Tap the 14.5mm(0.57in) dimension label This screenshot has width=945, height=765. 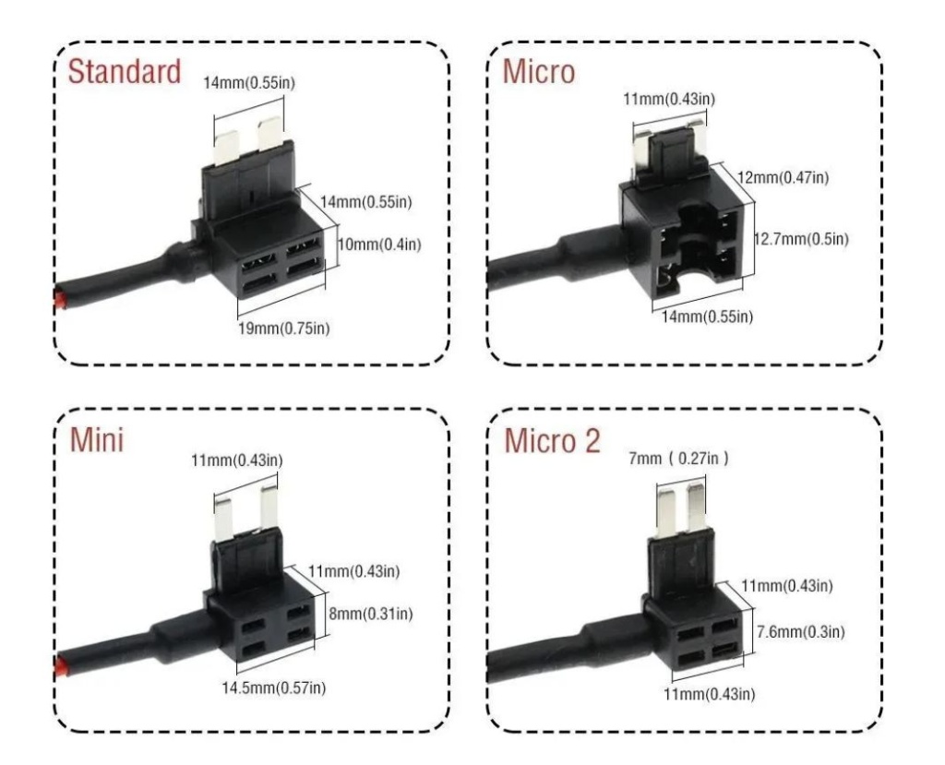point(276,687)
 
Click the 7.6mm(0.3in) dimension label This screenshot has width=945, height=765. point(800,631)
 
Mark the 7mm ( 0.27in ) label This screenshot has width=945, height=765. point(681,458)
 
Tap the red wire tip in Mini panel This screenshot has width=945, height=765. point(59,664)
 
